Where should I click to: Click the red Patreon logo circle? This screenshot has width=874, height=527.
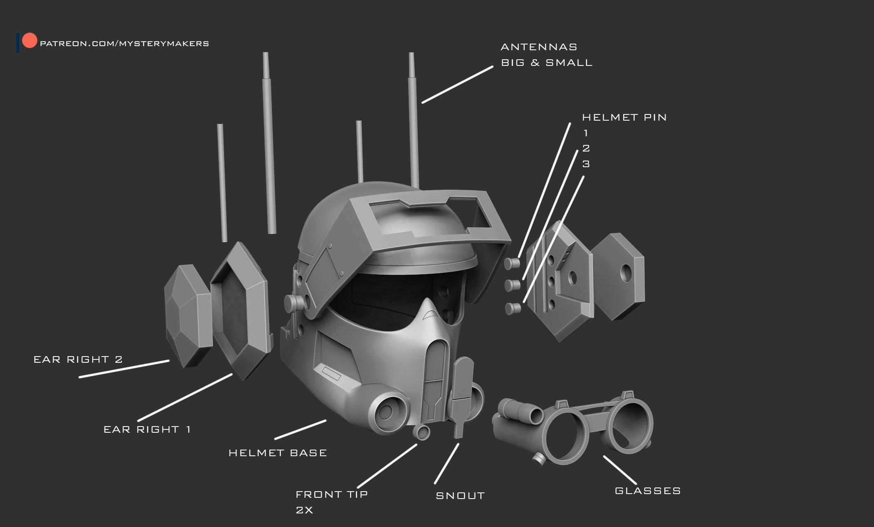tap(29, 41)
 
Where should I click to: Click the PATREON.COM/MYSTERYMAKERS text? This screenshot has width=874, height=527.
tap(124, 44)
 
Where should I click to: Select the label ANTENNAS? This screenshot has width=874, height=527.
tap(539, 47)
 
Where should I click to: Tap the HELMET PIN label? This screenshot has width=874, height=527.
tap(624, 118)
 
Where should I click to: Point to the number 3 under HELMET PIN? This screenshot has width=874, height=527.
tap(586, 164)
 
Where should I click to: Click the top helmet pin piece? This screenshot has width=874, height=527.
tap(512, 263)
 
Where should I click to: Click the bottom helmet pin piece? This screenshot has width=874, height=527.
tap(512, 308)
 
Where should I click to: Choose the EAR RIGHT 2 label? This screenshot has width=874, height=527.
tap(78, 360)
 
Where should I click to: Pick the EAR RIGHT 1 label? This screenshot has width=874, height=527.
tap(147, 430)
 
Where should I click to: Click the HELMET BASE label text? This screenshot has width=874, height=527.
tap(278, 453)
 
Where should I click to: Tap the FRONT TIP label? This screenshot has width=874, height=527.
tap(332, 494)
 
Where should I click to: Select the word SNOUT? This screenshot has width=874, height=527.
tap(460, 496)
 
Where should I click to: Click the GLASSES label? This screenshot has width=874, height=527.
tap(647, 491)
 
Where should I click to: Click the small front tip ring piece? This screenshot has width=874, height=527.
tap(421, 432)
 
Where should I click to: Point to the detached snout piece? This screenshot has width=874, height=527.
tap(462, 391)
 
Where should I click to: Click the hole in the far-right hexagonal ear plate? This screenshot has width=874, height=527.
tap(626, 273)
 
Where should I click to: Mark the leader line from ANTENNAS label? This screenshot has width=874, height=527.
tap(457, 84)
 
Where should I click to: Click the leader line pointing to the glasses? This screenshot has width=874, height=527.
tap(620, 470)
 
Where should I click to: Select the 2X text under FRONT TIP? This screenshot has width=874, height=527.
tap(304, 511)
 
